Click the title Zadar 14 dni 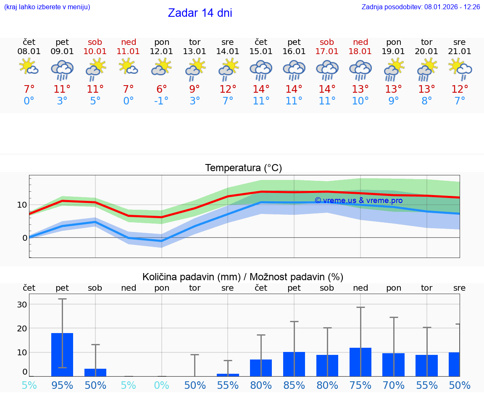coord(200,13)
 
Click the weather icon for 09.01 coord(62,70)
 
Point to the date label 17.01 coord(327,52)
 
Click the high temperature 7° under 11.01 coord(128,89)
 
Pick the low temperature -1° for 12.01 coord(161,101)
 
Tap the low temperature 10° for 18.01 coord(360,101)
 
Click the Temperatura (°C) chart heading coord(243,168)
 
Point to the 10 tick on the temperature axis coord(22,205)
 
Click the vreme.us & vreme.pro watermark coord(358,201)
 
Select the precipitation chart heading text coord(243,277)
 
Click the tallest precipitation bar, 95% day coord(62,354)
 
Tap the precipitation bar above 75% coord(360,362)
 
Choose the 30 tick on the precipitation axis coord(22,304)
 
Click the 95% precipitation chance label coord(62,385)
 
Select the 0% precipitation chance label coord(161,385)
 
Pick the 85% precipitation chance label coord(294,385)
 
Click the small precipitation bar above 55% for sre coord(228,375)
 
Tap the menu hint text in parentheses coord(47,7)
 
